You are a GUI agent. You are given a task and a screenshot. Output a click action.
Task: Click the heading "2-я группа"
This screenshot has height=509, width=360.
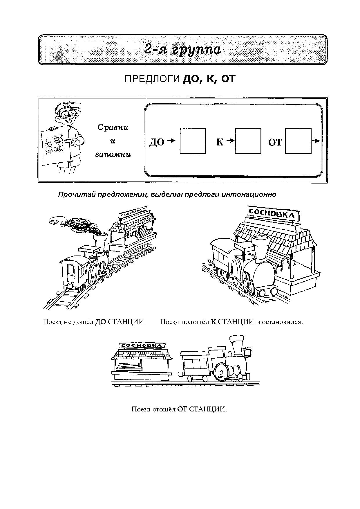183,50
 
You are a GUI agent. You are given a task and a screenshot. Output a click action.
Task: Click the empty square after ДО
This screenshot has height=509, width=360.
193,141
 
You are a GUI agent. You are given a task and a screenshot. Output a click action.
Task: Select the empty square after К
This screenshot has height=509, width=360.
248,141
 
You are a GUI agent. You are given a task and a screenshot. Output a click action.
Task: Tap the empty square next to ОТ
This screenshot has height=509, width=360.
298,141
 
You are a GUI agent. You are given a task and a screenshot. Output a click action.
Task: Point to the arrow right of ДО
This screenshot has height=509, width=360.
171,141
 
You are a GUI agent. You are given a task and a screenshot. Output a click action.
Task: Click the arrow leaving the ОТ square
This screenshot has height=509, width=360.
316,141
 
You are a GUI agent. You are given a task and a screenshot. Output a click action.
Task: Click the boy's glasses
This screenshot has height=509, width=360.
66,115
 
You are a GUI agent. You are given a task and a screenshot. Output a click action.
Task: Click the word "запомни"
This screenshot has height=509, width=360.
113,155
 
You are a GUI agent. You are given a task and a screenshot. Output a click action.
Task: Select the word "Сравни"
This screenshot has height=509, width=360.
113,127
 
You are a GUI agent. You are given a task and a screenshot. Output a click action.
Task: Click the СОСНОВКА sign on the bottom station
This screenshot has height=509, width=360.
142,346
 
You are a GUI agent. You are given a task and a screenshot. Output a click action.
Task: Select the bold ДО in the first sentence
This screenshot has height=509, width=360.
100,322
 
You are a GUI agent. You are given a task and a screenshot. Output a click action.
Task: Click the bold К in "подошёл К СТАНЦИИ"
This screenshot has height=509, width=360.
214,322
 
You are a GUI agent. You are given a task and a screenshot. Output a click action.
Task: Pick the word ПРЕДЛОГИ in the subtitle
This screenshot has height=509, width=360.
152,79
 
